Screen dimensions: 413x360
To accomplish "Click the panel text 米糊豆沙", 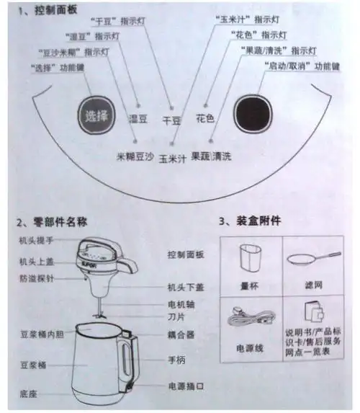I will pos(135,155).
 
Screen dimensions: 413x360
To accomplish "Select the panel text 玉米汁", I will pos(174,157).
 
